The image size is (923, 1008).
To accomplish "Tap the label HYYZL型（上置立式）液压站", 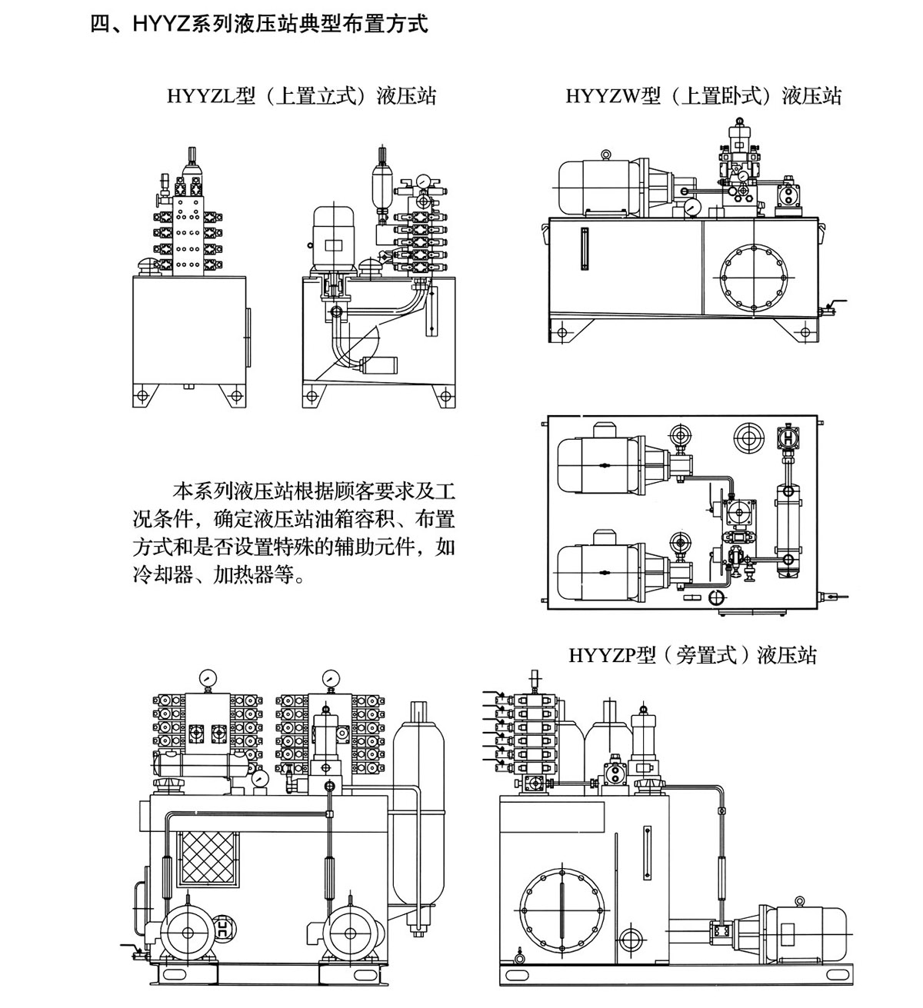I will pyautogui.click(x=302, y=96).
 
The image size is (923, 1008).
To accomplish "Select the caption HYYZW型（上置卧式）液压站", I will pyautogui.click(x=704, y=96).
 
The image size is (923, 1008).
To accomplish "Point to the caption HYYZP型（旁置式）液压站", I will pyautogui.click(x=692, y=655).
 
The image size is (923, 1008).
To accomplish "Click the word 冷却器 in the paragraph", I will pyautogui.click(x=159, y=574).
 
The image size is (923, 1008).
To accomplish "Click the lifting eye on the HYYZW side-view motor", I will pyautogui.click(x=606, y=156).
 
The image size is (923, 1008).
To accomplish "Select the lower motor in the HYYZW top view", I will pyautogui.click(x=596, y=573).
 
